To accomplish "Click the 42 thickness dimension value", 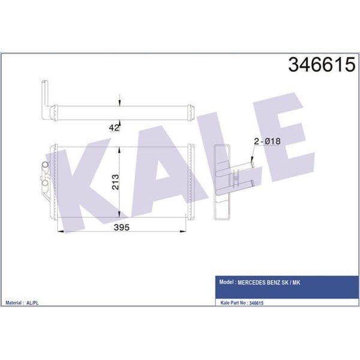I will [114, 127].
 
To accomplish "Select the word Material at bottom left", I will [16, 303].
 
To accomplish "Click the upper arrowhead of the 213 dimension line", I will [120, 149].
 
